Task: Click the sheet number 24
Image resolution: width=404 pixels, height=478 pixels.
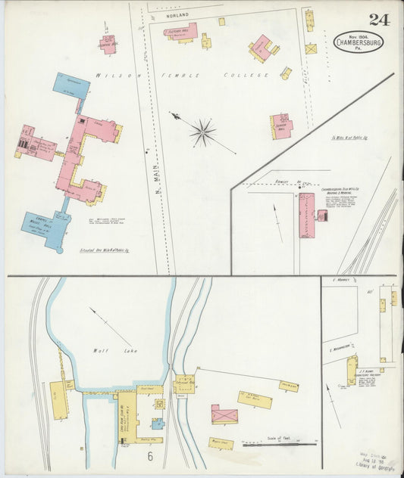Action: click(x=379, y=19)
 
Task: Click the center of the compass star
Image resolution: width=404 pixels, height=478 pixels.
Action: click(x=202, y=133)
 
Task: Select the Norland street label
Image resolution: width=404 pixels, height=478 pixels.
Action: click(x=171, y=14)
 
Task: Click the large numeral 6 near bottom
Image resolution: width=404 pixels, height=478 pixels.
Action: click(x=150, y=456)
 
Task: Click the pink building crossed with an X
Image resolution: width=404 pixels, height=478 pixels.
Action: click(x=224, y=414)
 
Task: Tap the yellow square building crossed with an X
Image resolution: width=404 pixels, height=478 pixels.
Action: click(x=311, y=48)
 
